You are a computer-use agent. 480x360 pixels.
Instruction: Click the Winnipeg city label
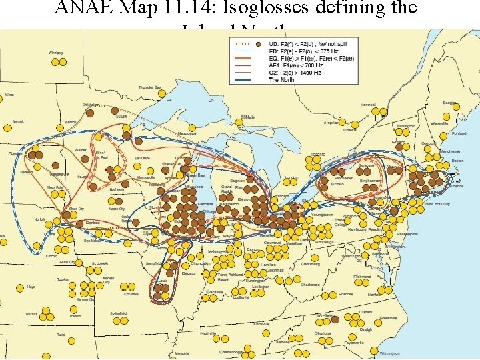55,53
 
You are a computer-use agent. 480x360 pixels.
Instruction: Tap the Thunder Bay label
149,87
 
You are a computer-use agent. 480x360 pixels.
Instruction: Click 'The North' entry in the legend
281,80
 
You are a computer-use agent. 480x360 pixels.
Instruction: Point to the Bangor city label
450,103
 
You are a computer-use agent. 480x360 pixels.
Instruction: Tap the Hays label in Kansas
31,287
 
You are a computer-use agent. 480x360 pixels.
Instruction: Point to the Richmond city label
362,276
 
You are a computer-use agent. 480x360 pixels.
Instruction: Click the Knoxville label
261,325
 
